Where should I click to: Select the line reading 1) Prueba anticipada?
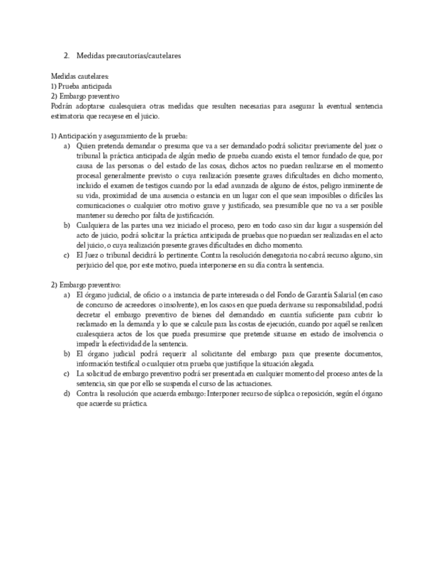[x=81, y=86]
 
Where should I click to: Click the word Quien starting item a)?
[x=86, y=145]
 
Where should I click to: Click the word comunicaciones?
[x=100, y=205]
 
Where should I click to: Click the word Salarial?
[x=329, y=294]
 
